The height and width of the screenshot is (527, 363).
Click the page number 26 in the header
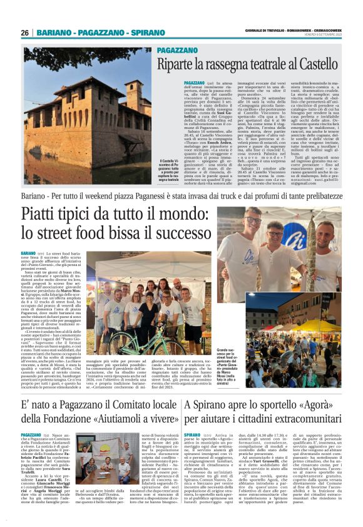tap(26, 32)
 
